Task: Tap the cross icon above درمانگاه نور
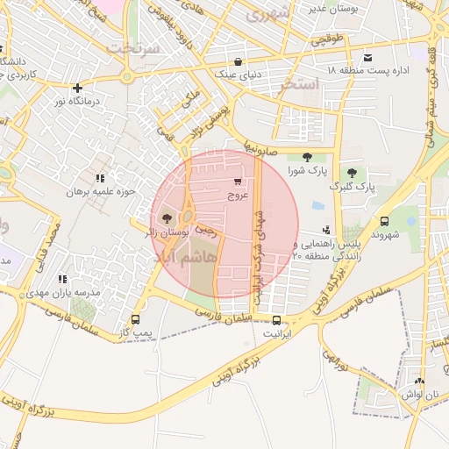(x=78, y=88)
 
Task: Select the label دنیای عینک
(x=239, y=76)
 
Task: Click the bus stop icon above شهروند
(x=384, y=221)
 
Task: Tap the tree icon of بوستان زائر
(x=167, y=217)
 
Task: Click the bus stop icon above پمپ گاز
(x=135, y=319)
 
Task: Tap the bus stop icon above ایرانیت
(x=276, y=320)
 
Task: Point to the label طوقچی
(x=329, y=39)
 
